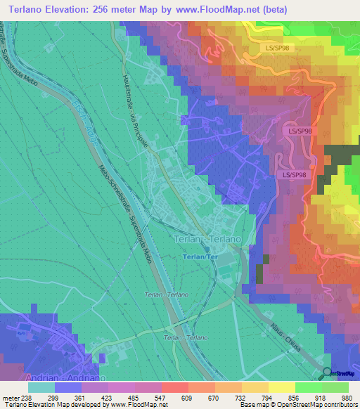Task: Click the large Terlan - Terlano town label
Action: pos(207,240)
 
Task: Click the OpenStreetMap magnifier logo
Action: pos(328,374)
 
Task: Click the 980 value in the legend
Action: pos(347,397)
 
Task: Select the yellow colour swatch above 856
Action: pos(281,387)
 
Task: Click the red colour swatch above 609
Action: pos(174,387)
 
